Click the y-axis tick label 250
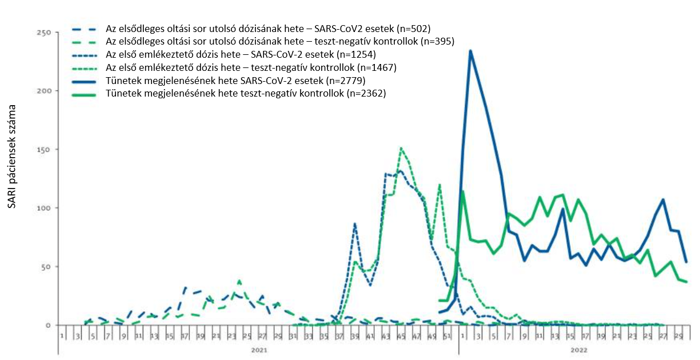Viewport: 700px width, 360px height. (43, 32)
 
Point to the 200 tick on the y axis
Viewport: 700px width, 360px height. (43, 91)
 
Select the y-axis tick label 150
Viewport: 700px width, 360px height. (43, 149)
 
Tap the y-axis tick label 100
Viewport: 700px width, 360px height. (43, 208)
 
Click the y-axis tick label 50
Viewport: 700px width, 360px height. (46, 266)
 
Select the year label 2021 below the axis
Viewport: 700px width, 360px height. (257, 348)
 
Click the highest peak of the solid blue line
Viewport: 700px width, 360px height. (470, 51)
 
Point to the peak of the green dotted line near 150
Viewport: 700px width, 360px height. (401, 149)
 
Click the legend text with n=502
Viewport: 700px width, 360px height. (267, 28)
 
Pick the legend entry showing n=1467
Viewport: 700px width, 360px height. (251, 67)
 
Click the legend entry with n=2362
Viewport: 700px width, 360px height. (246, 94)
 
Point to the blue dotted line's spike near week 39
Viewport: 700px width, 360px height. (355, 224)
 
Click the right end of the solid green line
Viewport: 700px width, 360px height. (686, 282)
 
